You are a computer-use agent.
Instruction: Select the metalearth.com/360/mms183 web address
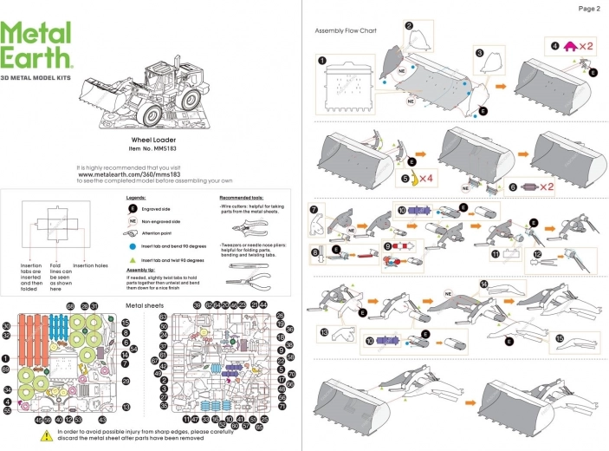[x=152, y=174]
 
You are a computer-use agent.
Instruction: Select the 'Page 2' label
[x=588, y=9]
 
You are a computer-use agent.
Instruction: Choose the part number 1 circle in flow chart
[x=321, y=62]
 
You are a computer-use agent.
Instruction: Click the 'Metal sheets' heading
[x=144, y=305]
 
